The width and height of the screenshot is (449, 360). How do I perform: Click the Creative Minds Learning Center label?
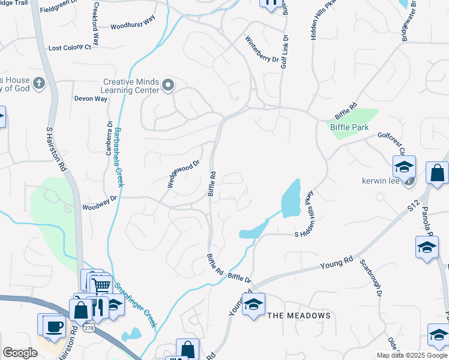pos(130,86)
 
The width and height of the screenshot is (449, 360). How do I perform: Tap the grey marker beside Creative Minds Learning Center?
pos(168,86)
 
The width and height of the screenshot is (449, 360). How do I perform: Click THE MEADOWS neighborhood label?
pos(298,316)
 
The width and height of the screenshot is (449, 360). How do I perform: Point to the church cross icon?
pos(40,83)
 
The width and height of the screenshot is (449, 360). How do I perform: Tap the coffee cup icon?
pos(56,326)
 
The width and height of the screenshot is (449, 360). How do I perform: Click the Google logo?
pos(20,353)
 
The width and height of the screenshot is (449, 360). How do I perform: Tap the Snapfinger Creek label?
pos(136,304)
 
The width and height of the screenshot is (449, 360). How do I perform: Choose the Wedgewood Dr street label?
pos(183,174)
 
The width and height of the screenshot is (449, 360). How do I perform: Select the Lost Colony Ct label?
pos(70,47)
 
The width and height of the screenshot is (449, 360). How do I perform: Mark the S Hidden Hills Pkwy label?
pos(307,217)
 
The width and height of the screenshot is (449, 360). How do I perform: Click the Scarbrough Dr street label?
pos(371,278)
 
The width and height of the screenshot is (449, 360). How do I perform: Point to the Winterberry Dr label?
pos(262,50)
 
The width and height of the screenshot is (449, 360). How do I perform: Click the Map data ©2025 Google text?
pos(412,355)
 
